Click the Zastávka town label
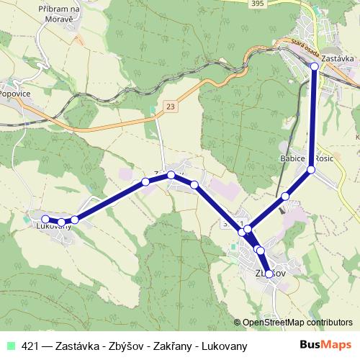point(338,57)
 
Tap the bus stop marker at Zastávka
point(315,66)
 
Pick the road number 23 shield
point(170,106)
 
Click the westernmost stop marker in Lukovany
point(45,219)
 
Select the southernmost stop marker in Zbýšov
point(269,274)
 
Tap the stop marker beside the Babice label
point(311,170)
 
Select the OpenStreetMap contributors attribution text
point(297,323)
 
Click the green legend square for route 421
point(9,345)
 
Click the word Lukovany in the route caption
point(224,346)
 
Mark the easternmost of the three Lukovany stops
point(75,219)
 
